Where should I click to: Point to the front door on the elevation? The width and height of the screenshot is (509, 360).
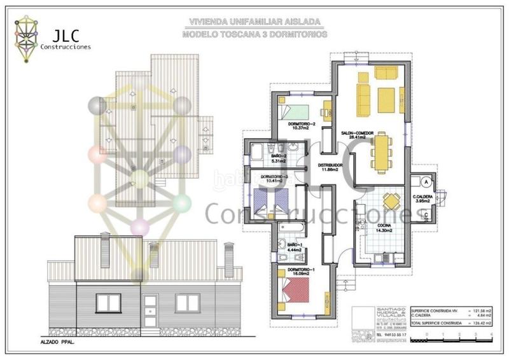pos(151,312)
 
